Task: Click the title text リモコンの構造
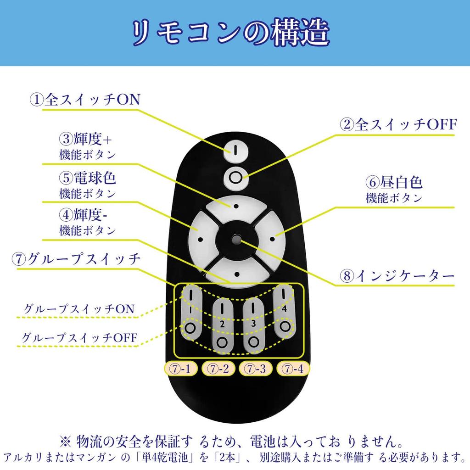pos(231,33)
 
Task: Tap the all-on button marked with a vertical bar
pos(236,150)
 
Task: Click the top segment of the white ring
pos(236,207)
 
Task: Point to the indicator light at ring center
pos(237,238)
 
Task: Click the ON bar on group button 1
pos(191,294)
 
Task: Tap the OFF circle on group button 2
pos(223,342)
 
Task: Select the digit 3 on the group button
pos(253,324)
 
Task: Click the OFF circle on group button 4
pos(285,326)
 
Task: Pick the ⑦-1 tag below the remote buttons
pos(181,369)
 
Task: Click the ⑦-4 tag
pos(293,369)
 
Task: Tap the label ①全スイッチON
pos(85,100)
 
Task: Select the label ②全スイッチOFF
pos(398,124)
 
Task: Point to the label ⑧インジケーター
pos(397,275)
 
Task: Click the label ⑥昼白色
pos(394,182)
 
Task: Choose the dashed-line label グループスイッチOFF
pos(80,337)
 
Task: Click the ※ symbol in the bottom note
pos(65,441)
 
